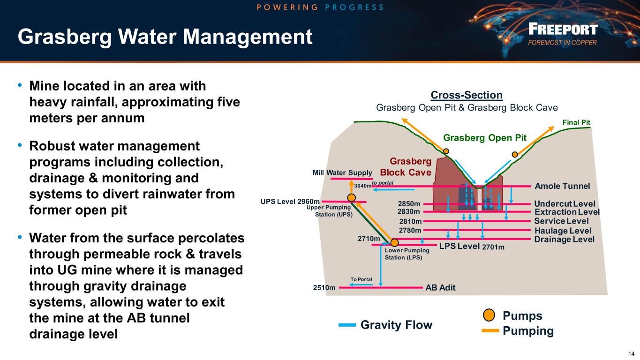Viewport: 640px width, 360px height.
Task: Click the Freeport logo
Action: [563, 34]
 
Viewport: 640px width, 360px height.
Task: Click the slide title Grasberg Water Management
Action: [165, 37]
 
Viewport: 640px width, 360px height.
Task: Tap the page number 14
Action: [631, 353]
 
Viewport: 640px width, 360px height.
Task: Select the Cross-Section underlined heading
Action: [467, 95]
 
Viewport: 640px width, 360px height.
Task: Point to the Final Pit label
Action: [576, 122]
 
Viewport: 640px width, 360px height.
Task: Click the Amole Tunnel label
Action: [562, 186]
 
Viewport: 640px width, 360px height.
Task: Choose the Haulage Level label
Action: [563, 231]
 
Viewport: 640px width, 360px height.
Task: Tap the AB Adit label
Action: [440, 287]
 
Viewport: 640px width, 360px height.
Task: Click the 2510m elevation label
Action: [324, 287]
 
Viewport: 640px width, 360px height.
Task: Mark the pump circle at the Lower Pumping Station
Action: [394, 243]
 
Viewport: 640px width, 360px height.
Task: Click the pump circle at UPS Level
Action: [351, 197]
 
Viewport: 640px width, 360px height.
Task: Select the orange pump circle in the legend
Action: [489, 315]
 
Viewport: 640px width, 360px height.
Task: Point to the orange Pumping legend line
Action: [490, 331]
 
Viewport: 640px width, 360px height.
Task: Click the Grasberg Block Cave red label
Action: [406, 167]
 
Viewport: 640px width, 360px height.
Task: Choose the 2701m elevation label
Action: [493, 247]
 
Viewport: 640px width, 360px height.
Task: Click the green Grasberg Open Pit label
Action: [485, 138]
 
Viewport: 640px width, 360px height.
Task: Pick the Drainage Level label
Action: [564, 240]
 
